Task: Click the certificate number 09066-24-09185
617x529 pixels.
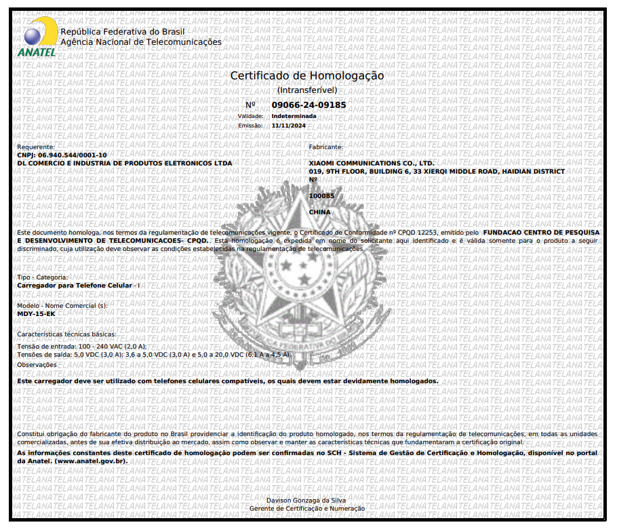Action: pyautogui.click(x=308, y=105)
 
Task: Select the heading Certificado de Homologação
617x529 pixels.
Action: pyautogui.click(x=307, y=76)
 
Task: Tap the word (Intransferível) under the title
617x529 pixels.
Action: pyautogui.click(x=307, y=90)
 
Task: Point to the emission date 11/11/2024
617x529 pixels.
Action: pyautogui.click(x=289, y=125)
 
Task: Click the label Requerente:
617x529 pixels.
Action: pyautogui.click(x=36, y=147)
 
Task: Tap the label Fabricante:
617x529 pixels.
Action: pyautogui.click(x=326, y=147)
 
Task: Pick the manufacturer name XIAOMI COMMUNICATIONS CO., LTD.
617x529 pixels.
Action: pyautogui.click(x=372, y=163)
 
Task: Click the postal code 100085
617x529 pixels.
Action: pyautogui.click(x=321, y=196)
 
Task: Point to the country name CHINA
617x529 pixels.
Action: pyautogui.click(x=320, y=212)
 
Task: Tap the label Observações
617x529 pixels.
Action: pyautogui.click(x=37, y=365)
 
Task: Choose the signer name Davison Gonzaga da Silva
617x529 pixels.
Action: pyautogui.click(x=307, y=501)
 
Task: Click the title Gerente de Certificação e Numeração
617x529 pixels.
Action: pyautogui.click(x=307, y=509)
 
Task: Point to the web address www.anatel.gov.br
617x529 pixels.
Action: pyautogui.click(x=91, y=461)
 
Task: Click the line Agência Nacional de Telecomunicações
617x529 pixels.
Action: pyautogui.click(x=141, y=42)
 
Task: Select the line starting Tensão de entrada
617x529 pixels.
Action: pyautogui.click(x=81, y=347)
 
